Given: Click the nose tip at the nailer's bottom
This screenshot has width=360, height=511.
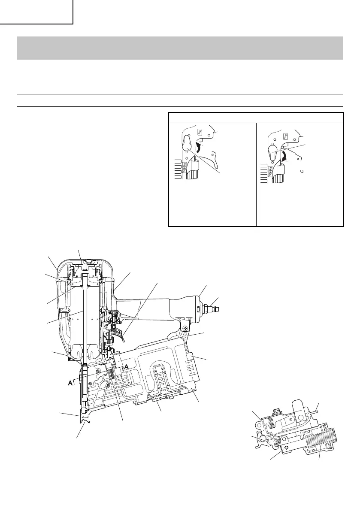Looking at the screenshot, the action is [84, 425].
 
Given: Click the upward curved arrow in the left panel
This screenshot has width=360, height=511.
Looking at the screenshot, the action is [199, 148].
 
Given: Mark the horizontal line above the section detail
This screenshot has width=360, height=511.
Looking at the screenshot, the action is [285, 382].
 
